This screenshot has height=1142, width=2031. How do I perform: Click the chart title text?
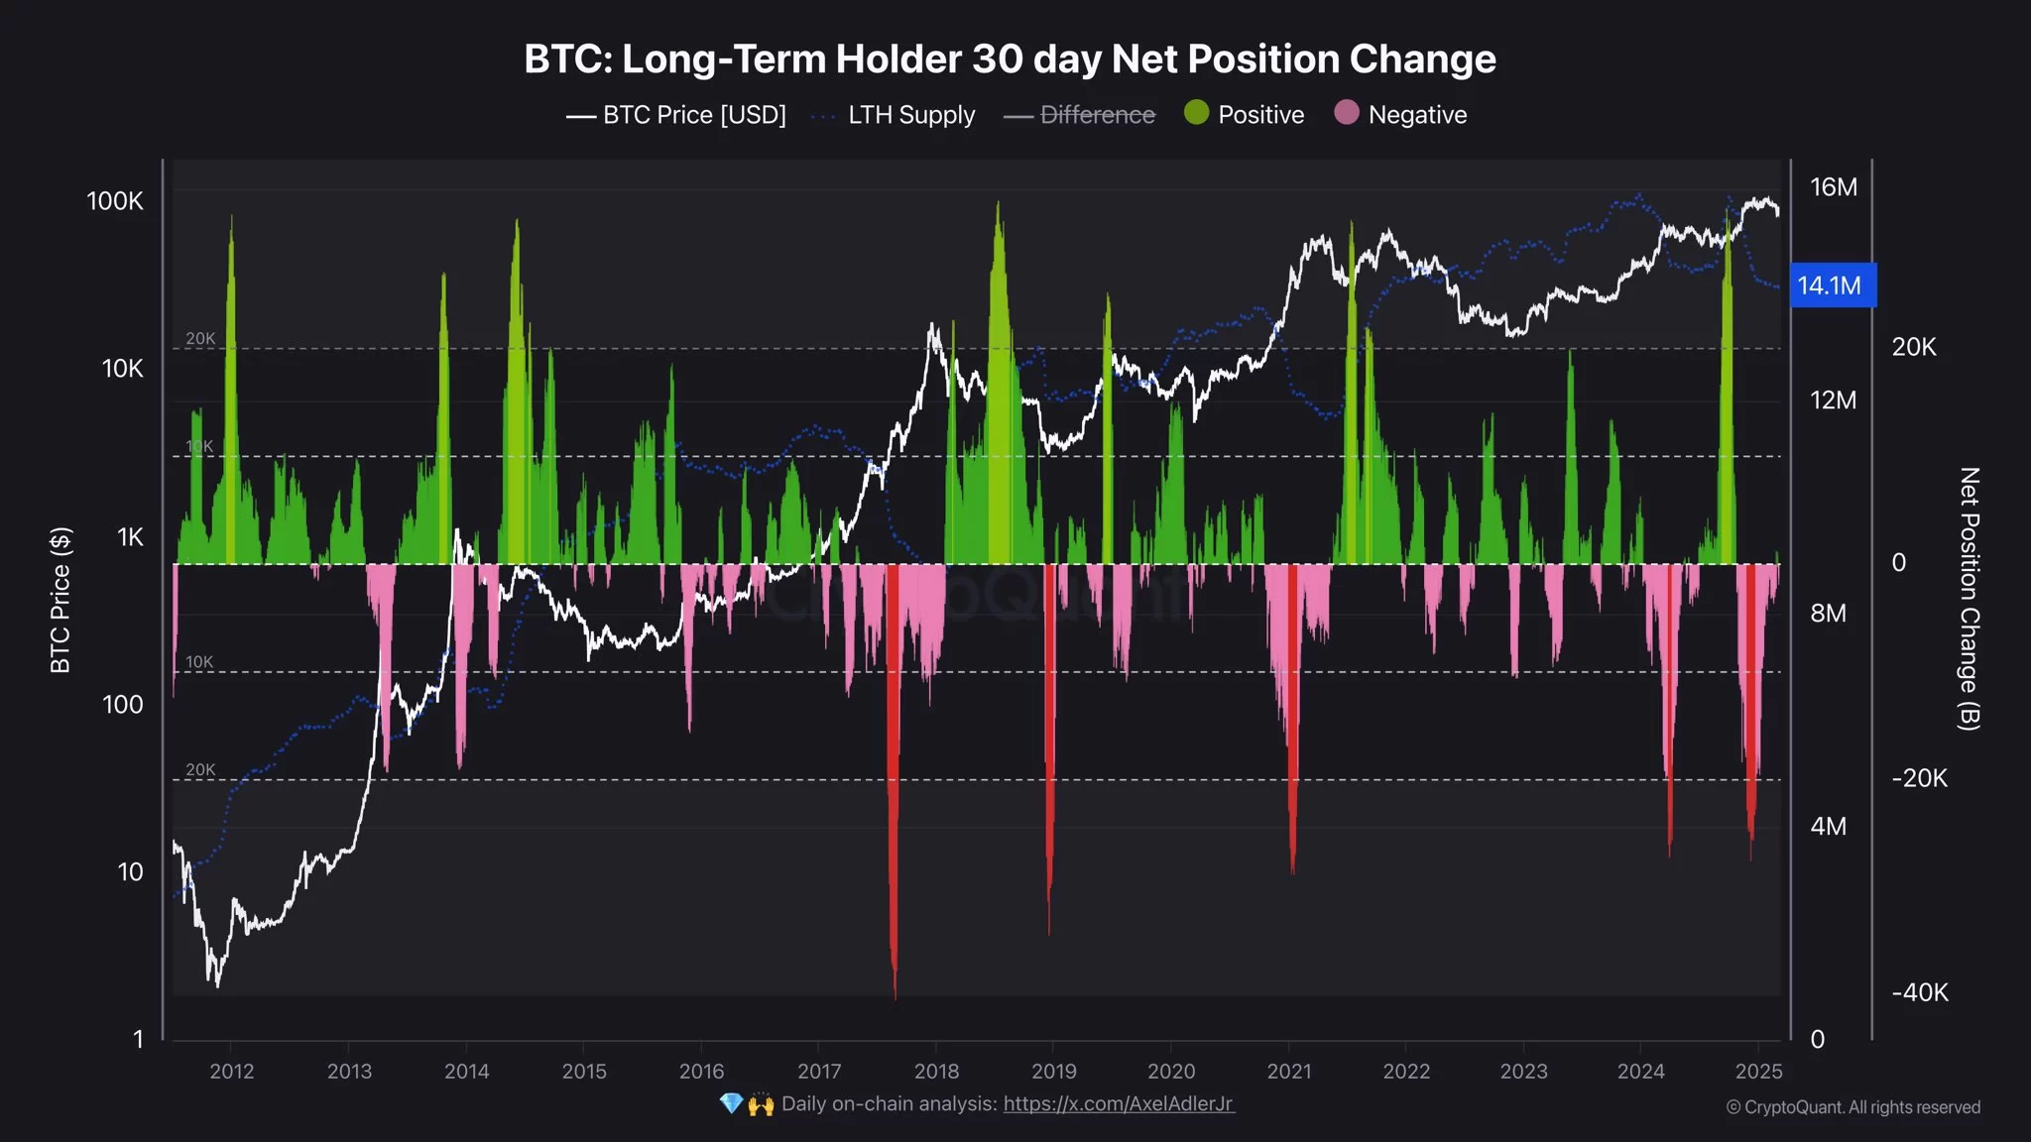1010,59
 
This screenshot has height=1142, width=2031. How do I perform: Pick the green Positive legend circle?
1197,113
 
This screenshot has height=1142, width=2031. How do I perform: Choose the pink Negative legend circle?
1347,113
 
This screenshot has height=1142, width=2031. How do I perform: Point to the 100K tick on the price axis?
115,201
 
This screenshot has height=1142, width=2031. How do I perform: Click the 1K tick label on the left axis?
130,537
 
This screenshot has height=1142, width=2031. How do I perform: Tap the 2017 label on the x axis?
819,1072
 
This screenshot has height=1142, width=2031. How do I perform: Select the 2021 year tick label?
1289,1072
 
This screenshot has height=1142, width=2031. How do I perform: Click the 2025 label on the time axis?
1759,1072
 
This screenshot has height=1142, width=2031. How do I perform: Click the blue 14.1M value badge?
1830,285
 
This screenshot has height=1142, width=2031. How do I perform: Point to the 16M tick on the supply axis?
1834,187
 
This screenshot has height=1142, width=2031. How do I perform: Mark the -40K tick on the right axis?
1920,992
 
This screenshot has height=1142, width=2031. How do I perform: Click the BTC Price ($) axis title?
60,600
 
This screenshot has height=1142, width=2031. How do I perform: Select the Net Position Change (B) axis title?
1969,599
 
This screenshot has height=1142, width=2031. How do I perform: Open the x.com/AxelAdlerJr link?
1119,1103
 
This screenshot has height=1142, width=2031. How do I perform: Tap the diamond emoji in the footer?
731,1103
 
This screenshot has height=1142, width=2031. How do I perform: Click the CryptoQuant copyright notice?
1853,1107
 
